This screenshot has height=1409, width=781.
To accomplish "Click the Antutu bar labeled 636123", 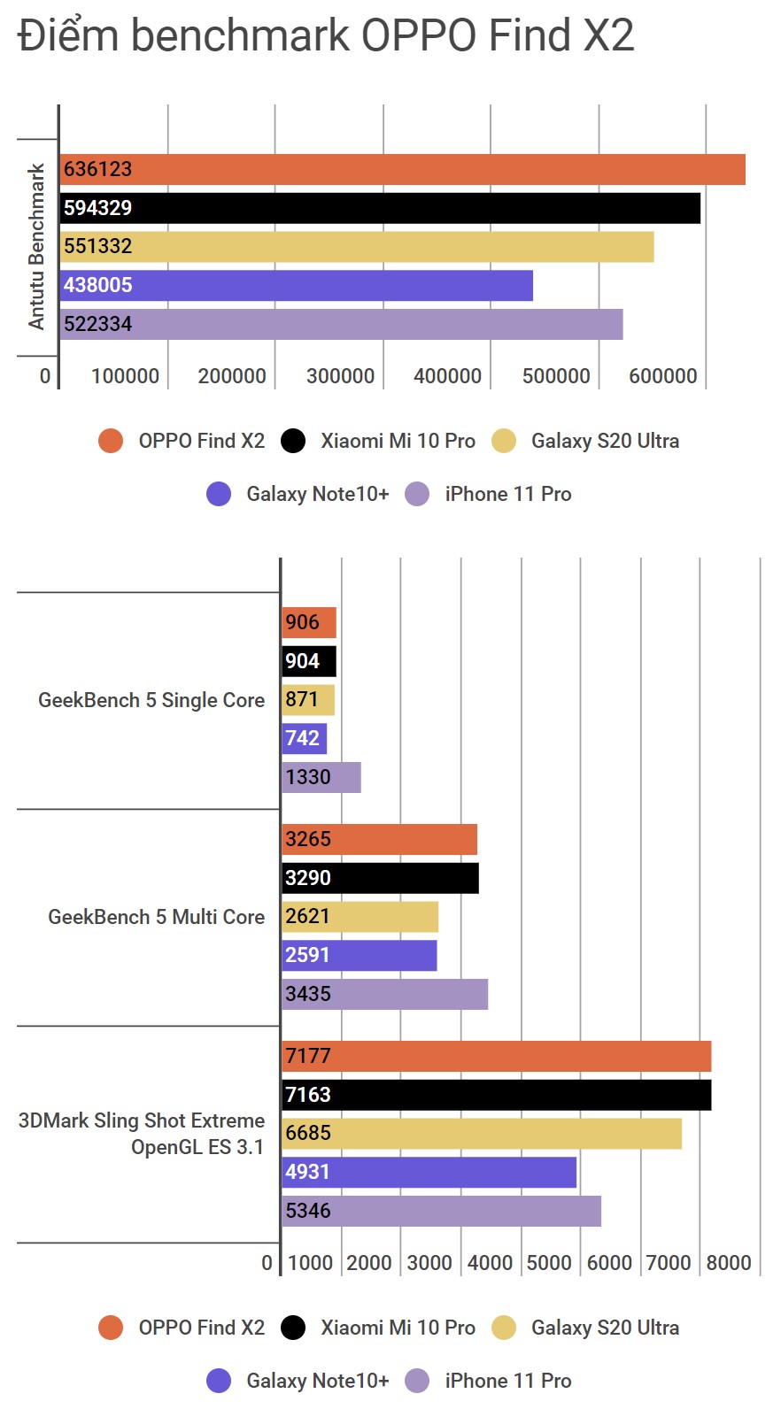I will (402, 169).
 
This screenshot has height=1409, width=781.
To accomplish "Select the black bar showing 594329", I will (380, 208).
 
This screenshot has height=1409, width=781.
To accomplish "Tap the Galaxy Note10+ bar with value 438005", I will (297, 285).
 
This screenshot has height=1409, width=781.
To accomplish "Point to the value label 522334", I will (97, 324).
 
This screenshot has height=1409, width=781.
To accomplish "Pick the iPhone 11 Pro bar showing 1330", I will (321, 777).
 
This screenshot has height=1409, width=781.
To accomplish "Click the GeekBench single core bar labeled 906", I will (309, 622).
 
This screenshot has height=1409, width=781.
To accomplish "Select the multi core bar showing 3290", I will (380, 878).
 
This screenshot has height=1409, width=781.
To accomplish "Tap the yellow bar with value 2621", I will (360, 916).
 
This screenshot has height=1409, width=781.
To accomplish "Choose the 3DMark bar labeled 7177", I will (496, 1056).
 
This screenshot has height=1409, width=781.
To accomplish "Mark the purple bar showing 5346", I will (441, 1211).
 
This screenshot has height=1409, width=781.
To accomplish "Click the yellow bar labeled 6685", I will (482, 1133).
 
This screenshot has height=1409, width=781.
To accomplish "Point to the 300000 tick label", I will (340, 376).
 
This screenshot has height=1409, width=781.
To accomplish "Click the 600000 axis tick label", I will (663, 376).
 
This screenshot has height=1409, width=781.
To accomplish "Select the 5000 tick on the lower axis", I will (549, 1263).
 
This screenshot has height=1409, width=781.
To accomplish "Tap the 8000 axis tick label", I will (729, 1263).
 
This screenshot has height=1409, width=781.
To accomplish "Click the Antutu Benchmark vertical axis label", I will (36, 246).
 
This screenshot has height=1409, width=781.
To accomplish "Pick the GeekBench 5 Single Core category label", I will (151, 700).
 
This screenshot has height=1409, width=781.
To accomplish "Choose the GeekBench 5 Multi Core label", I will (156, 917).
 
